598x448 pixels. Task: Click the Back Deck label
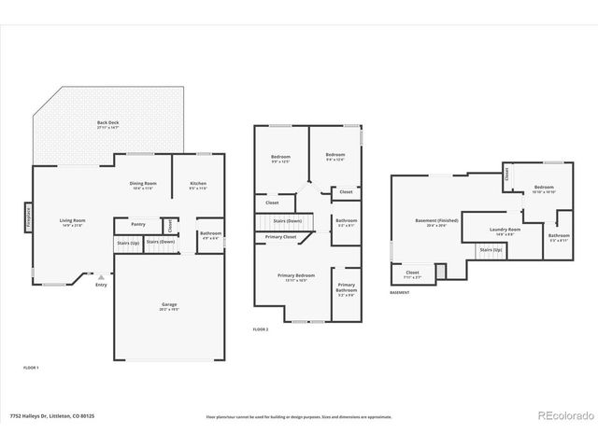(108, 123)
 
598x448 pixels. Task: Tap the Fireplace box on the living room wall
(27, 217)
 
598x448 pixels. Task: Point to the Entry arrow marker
(100, 277)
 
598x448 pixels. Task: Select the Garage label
(169, 306)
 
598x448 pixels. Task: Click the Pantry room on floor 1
(138, 224)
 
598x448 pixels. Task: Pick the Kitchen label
(198, 184)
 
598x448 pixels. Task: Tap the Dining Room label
(143, 184)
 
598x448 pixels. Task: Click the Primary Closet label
(280, 237)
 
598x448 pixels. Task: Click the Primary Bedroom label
(296, 276)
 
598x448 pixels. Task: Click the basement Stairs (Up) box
(491, 250)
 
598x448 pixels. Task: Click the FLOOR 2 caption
(260, 329)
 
